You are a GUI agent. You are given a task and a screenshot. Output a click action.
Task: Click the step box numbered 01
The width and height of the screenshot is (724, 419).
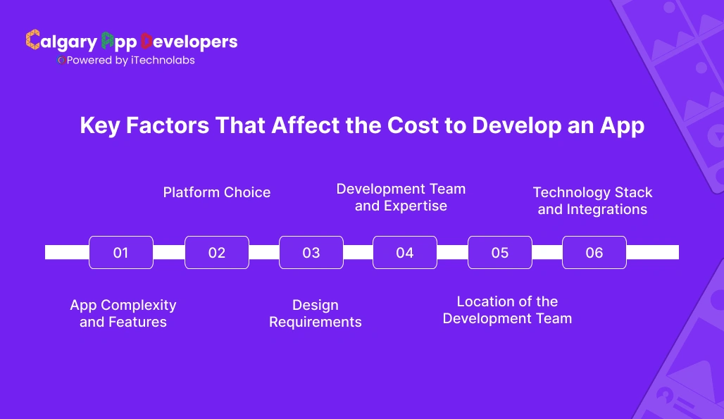(121, 252)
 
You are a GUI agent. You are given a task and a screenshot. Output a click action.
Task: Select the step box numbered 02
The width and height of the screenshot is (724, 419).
(216, 252)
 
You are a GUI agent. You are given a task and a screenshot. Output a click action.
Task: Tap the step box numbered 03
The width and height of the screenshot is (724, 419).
(311, 252)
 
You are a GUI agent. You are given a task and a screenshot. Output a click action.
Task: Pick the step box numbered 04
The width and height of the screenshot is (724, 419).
(405, 252)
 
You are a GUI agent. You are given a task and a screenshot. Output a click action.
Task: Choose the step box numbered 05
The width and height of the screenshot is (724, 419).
(499, 252)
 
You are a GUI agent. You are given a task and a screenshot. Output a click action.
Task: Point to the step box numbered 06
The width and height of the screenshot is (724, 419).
(594, 252)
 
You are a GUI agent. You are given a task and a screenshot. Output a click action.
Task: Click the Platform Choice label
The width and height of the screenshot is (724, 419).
(217, 192)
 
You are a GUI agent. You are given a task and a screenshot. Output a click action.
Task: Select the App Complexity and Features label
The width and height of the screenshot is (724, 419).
(123, 313)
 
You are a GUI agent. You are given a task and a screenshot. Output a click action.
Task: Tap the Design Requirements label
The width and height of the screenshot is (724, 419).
(316, 313)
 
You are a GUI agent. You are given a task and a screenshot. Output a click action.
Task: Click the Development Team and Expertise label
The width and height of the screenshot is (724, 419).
(401, 197)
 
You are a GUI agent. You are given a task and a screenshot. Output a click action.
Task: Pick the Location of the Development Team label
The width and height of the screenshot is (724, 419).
(507, 310)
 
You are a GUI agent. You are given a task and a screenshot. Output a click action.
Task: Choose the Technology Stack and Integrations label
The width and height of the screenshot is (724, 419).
(592, 201)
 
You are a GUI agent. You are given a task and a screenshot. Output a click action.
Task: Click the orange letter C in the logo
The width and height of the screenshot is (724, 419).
(32, 41)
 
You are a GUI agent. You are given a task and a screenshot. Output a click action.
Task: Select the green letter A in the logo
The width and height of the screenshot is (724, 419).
(107, 41)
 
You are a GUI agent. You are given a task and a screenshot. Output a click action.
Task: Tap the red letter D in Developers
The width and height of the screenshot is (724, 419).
(147, 41)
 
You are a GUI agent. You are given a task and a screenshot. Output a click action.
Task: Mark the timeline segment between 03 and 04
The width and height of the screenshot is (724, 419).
(358, 252)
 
